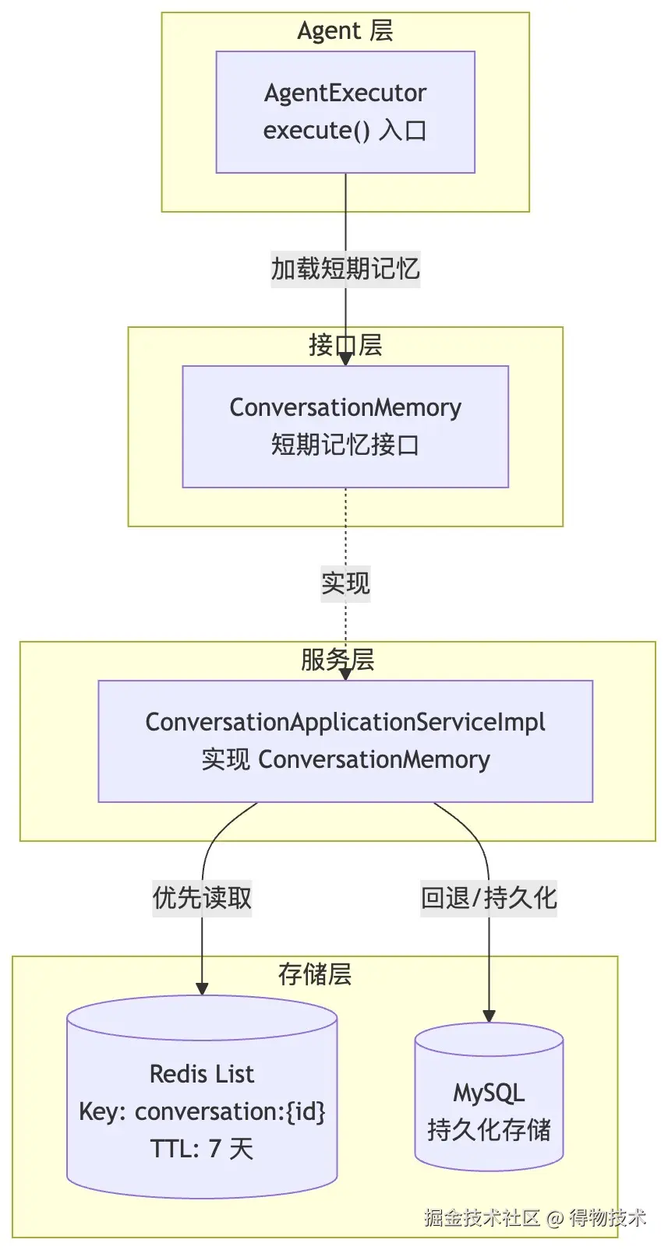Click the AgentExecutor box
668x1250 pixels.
(x=345, y=112)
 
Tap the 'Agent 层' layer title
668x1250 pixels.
(x=345, y=30)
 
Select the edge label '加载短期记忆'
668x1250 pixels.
(x=345, y=269)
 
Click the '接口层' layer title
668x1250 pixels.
(x=345, y=345)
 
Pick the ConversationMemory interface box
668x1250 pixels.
(x=345, y=427)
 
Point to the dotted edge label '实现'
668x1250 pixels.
(x=345, y=583)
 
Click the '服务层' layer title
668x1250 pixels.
(x=338, y=660)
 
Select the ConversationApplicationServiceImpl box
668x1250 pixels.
(x=345, y=741)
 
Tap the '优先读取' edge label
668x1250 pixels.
(x=202, y=899)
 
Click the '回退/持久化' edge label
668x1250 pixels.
(x=489, y=899)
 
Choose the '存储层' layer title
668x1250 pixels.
(x=314, y=974)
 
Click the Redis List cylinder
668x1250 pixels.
(x=202, y=1097)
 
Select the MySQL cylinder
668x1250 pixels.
(x=489, y=1097)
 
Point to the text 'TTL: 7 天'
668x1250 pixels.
(x=202, y=1149)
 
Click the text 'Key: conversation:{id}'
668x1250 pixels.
(x=202, y=1111)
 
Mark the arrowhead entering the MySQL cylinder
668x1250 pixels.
(x=489, y=1016)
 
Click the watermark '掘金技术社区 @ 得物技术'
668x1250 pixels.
(x=535, y=1217)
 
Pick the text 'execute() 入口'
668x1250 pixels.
(x=345, y=131)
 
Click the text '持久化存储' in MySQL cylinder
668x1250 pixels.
(x=489, y=1129)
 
